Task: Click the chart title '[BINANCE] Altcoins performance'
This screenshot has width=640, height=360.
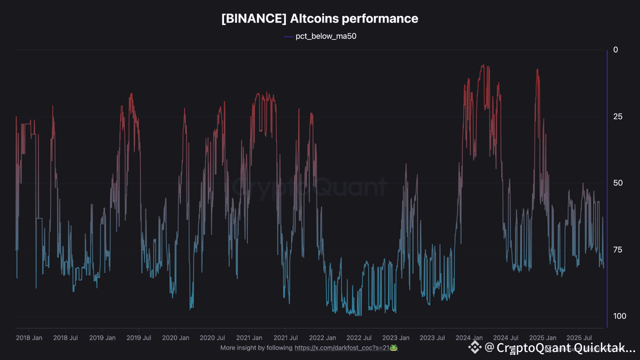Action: point(320,19)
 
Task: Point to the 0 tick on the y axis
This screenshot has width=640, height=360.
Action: point(615,50)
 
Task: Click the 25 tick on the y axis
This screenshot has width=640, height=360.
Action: point(617,116)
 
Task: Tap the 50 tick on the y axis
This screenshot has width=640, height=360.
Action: point(617,183)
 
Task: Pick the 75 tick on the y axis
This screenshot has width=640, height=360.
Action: point(617,250)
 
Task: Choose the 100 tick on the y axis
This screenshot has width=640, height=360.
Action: point(619,316)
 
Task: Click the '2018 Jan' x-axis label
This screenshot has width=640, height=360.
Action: point(29,338)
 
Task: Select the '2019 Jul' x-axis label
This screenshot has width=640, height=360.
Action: point(139,338)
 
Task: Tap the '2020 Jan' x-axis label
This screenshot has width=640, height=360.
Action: point(175,338)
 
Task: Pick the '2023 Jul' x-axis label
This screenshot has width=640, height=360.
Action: point(432,338)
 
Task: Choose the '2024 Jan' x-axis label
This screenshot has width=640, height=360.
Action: point(469,338)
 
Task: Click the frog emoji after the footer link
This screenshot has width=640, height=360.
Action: point(393,348)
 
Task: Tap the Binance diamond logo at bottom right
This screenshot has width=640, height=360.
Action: point(474,347)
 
